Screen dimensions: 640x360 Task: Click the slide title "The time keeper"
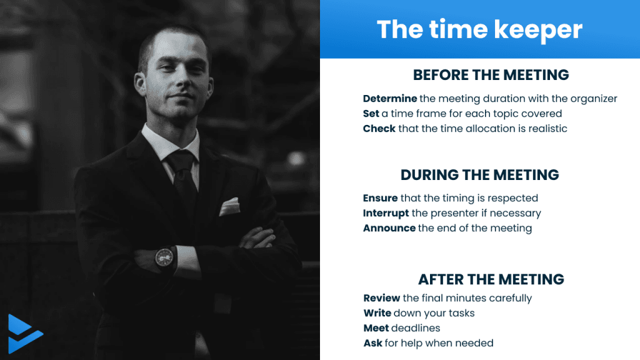[479, 30]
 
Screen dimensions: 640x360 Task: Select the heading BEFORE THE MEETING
[491, 75]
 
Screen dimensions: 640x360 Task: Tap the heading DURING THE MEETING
[479, 175]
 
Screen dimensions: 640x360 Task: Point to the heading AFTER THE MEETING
[491, 279]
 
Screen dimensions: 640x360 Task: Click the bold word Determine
[390, 98]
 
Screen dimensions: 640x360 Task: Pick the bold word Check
[379, 129]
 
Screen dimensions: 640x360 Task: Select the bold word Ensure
[380, 198]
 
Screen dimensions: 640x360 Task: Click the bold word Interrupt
[386, 213]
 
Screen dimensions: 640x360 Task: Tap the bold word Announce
[389, 228]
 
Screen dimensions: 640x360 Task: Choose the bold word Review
[382, 298]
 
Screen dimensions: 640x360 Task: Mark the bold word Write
[377, 313]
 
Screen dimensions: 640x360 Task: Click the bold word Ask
[372, 343]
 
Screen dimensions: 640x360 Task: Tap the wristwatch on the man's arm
[164, 257]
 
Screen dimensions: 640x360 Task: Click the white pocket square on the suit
[229, 206]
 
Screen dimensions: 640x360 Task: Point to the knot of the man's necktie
[180, 161]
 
